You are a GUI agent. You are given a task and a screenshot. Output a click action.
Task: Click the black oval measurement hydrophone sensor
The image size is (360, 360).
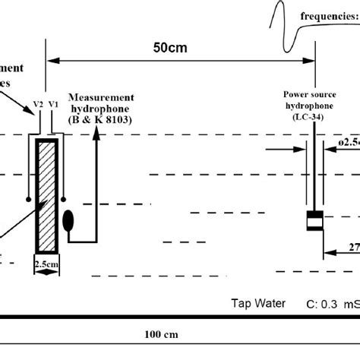tap(68, 221)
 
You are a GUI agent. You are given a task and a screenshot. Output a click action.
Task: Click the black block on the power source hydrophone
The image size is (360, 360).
tap(314, 221)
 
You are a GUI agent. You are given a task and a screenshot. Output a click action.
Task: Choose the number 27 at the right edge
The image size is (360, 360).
tap(353, 247)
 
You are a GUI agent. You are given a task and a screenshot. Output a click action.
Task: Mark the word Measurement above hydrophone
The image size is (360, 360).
tap(101, 96)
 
